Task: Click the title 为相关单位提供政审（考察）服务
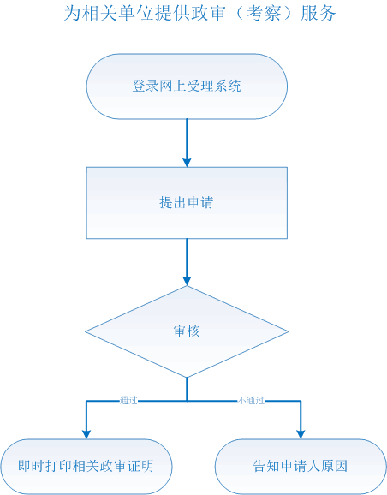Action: (x=199, y=14)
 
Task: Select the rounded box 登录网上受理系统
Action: (x=187, y=86)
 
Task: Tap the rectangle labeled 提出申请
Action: (x=187, y=203)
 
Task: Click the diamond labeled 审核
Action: (x=187, y=331)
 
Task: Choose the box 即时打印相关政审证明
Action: (x=86, y=467)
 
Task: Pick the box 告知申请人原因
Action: (x=301, y=467)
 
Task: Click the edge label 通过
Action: (x=128, y=401)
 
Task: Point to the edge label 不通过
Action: (x=251, y=401)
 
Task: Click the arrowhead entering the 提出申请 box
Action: (x=187, y=162)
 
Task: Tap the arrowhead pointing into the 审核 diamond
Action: (x=187, y=281)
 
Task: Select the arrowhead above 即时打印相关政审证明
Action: (x=86, y=434)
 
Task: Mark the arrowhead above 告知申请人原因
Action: (x=301, y=434)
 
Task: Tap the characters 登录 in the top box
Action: (x=146, y=86)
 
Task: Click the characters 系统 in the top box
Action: (x=228, y=86)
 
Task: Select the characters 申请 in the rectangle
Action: (x=200, y=202)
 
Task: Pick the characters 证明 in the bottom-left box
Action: (x=140, y=466)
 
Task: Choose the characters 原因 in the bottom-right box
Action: (x=335, y=466)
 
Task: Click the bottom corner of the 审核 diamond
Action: (x=187, y=378)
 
